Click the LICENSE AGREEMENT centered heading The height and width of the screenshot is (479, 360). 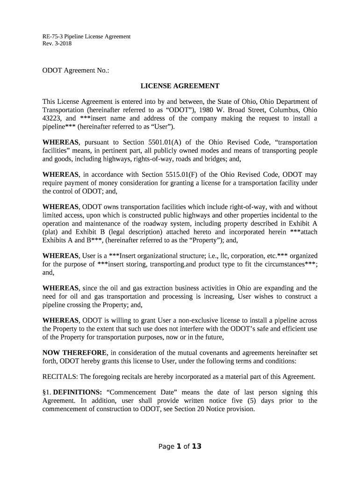coord(180,86)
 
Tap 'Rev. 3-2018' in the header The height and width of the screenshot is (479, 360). coord(57,44)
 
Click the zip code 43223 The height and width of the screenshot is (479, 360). coord(51,118)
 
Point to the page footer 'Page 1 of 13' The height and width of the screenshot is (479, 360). coord(180,446)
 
